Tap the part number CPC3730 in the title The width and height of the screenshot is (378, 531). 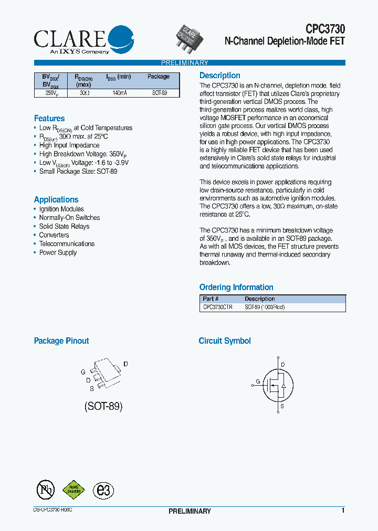325,29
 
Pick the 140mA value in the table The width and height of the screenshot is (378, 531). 119,93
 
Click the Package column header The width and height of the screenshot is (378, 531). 158,77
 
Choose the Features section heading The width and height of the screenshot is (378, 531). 49,119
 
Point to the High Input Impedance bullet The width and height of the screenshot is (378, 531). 69,145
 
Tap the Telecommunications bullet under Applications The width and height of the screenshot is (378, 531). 67,244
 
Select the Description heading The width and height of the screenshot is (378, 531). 219,76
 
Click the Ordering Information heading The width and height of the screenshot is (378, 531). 236,288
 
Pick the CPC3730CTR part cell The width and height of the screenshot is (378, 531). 217,307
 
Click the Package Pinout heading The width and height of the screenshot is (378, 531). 61,341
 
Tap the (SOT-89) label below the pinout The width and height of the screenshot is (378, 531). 103,406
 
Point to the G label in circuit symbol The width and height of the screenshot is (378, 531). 258,381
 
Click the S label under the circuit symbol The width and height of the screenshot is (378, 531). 282,406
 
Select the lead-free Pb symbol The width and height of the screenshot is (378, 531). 46,490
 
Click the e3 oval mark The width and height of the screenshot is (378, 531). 103,490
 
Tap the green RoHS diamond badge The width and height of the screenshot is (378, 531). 74,490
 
